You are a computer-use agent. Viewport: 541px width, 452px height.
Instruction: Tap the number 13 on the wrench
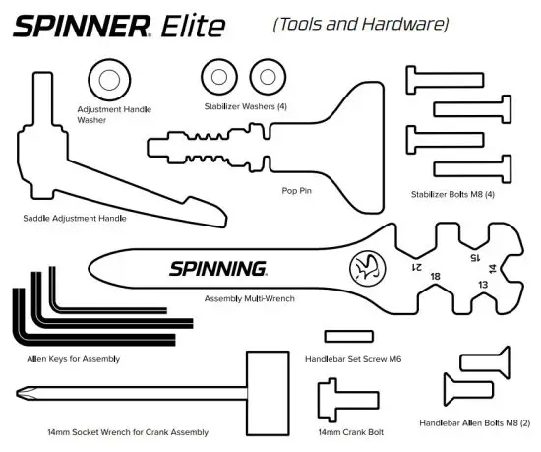pyautogui.click(x=482, y=284)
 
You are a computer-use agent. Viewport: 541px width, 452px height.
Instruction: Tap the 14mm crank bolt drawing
pyautogui.click(x=339, y=402)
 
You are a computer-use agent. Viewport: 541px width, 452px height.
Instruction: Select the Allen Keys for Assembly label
pyautogui.click(x=73, y=359)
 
